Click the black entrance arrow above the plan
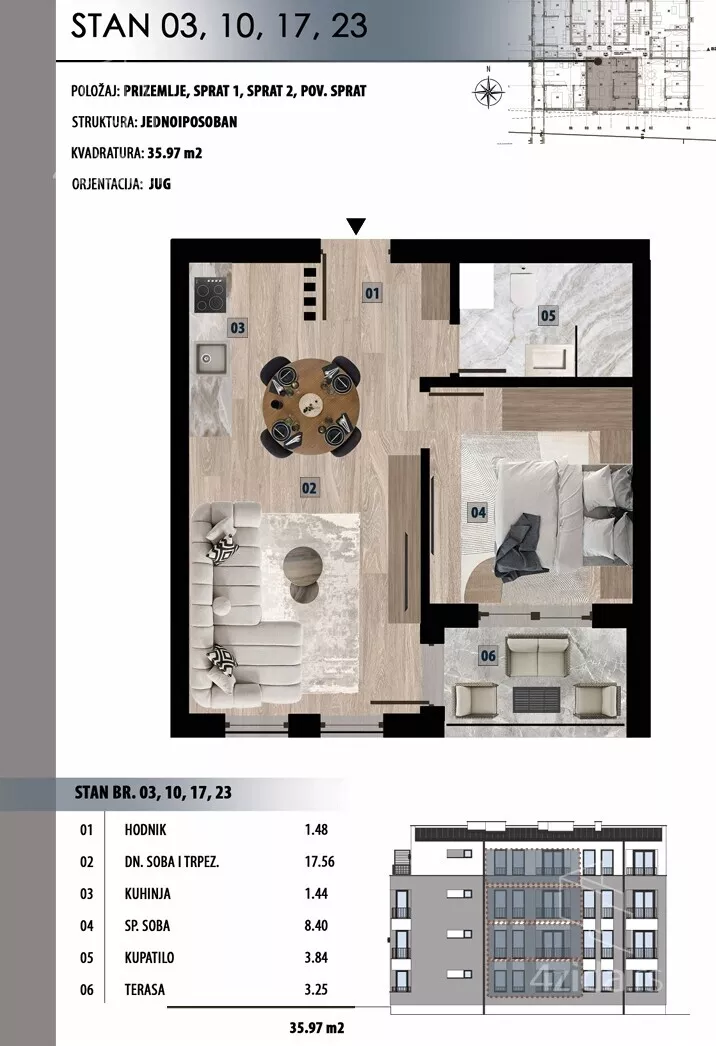click(x=356, y=226)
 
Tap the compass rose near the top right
click(x=488, y=91)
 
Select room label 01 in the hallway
click(x=372, y=292)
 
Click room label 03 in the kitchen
click(x=238, y=328)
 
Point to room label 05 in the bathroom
click(x=548, y=315)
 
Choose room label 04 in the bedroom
click(x=478, y=512)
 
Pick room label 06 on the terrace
click(x=488, y=656)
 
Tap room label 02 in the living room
click(x=309, y=488)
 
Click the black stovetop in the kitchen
click(x=210, y=294)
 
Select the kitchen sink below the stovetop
click(x=211, y=359)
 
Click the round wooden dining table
click(x=311, y=406)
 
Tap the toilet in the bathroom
click(x=522, y=285)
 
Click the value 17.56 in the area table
click(x=320, y=861)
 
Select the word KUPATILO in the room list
click(x=149, y=957)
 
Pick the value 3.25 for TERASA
click(x=316, y=989)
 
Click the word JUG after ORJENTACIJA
click(x=159, y=183)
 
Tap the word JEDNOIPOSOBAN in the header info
click(x=189, y=121)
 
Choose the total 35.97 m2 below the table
click(x=316, y=1028)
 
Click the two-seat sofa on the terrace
click(x=538, y=655)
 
